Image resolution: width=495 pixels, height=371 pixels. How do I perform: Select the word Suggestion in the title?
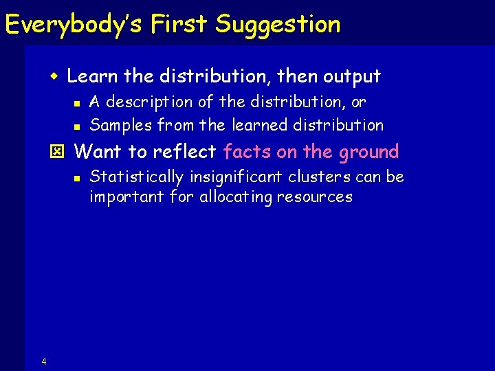point(277,25)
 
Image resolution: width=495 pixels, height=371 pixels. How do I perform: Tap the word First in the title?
point(180,25)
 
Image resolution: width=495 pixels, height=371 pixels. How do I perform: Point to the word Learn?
point(91,76)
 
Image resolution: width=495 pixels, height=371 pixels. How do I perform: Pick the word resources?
point(320,197)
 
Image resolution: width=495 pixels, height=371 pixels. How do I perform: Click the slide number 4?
point(44,362)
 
